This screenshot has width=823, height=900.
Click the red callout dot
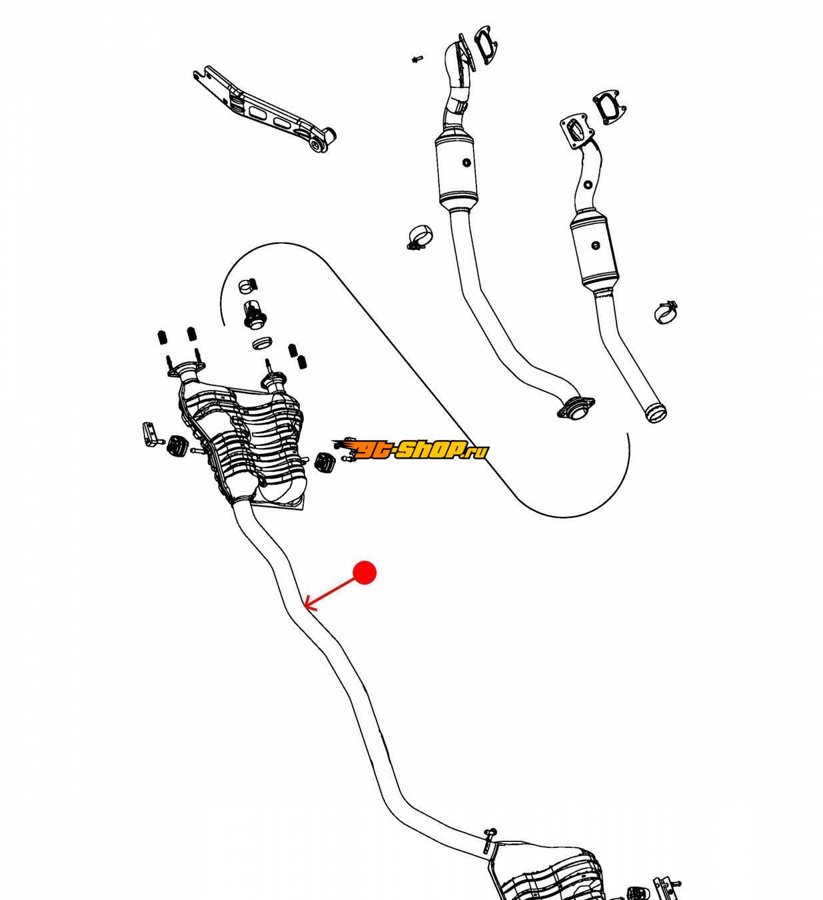(x=365, y=573)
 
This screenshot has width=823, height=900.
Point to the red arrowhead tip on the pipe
(x=305, y=607)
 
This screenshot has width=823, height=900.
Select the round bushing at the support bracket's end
(x=322, y=141)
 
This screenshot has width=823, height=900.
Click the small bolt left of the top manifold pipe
(x=416, y=59)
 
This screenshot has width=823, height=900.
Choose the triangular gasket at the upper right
(x=608, y=107)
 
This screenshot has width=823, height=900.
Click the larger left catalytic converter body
(x=458, y=171)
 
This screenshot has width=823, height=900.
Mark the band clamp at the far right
(x=666, y=311)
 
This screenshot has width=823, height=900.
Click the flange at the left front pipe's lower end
(x=574, y=408)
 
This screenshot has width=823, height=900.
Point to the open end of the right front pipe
(x=656, y=413)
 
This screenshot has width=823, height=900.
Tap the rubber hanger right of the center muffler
(x=325, y=462)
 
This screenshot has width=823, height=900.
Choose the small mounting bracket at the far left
(x=148, y=434)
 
